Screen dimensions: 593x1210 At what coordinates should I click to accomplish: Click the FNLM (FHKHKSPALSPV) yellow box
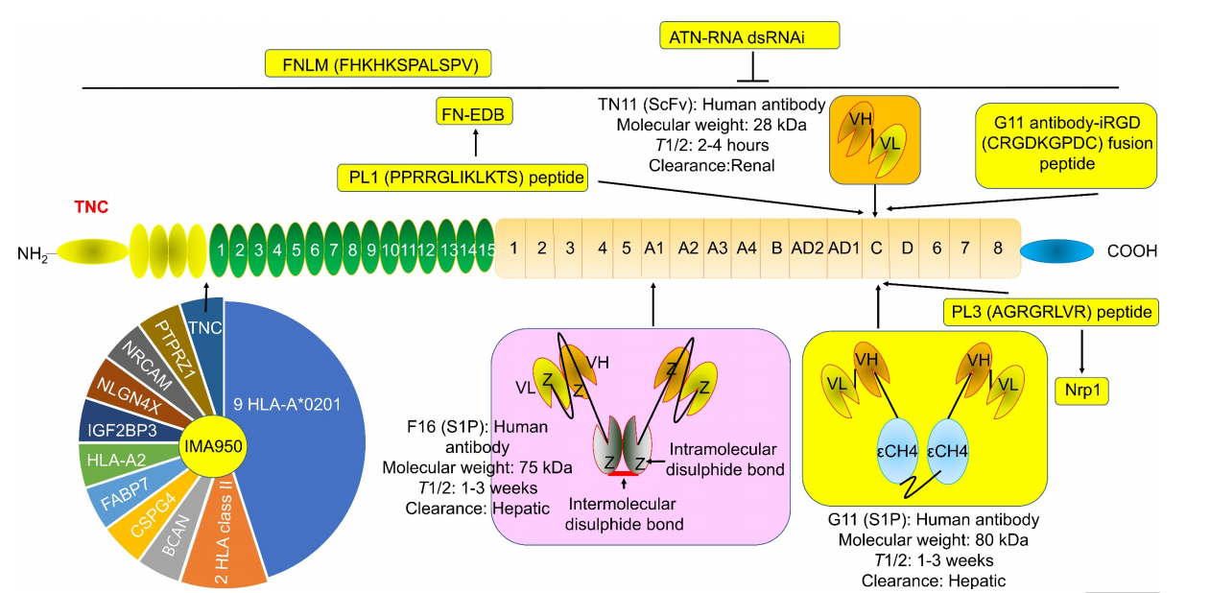[x=379, y=65]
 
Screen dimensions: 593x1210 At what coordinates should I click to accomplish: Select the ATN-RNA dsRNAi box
[x=750, y=36]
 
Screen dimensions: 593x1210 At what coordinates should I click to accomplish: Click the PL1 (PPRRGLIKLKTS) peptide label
[x=463, y=178]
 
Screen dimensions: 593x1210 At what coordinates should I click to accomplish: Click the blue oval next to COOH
[x=1056, y=250]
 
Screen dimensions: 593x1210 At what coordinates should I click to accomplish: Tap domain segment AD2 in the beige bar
[x=808, y=248]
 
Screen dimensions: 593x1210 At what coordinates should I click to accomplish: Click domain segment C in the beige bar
[x=875, y=248]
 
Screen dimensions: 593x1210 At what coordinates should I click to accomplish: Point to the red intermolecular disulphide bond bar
[x=624, y=474]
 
